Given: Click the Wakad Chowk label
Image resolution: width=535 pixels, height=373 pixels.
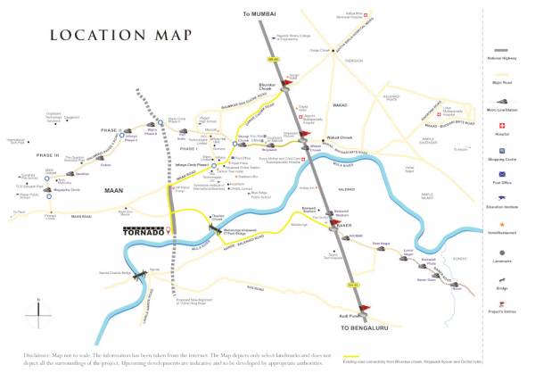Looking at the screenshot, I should [x=341, y=138].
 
